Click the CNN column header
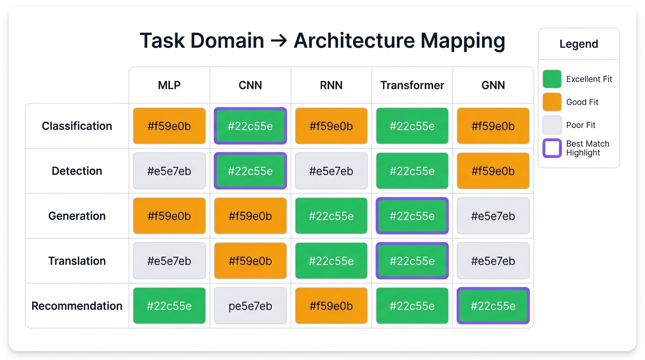coord(250,85)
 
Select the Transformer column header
coord(412,85)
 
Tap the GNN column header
coord(493,85)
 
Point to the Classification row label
coord(77,126)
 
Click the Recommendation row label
coord(77,306)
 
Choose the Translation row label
coord(77,261)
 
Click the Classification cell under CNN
coord(250,126)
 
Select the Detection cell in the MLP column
coord(169,171)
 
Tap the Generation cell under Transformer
coord(412,216)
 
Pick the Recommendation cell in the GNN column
coord(493,306)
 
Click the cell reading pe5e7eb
coord(250,306)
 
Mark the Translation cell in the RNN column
coord(331,261)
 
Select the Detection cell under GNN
coord(493,171)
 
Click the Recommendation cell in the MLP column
coord(169,306)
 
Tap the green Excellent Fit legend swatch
coord(552,79)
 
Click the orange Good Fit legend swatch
coord(552,102)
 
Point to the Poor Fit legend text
coord(581,125)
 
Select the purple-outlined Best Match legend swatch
coord(552,148)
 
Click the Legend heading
coord(578,44)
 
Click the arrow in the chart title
coord(279,41)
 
